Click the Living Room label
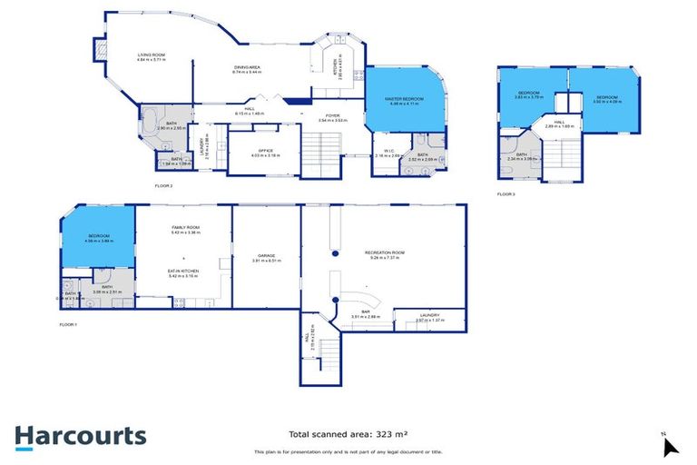coord(151,56)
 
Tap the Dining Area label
coord(248,69)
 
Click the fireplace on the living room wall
coord(99,50)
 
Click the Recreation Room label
coord(385,253)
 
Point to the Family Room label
coord(185,230)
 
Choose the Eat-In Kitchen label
coord(185,272)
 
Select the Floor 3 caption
coord(506,194)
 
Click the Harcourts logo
coord(80,437)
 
